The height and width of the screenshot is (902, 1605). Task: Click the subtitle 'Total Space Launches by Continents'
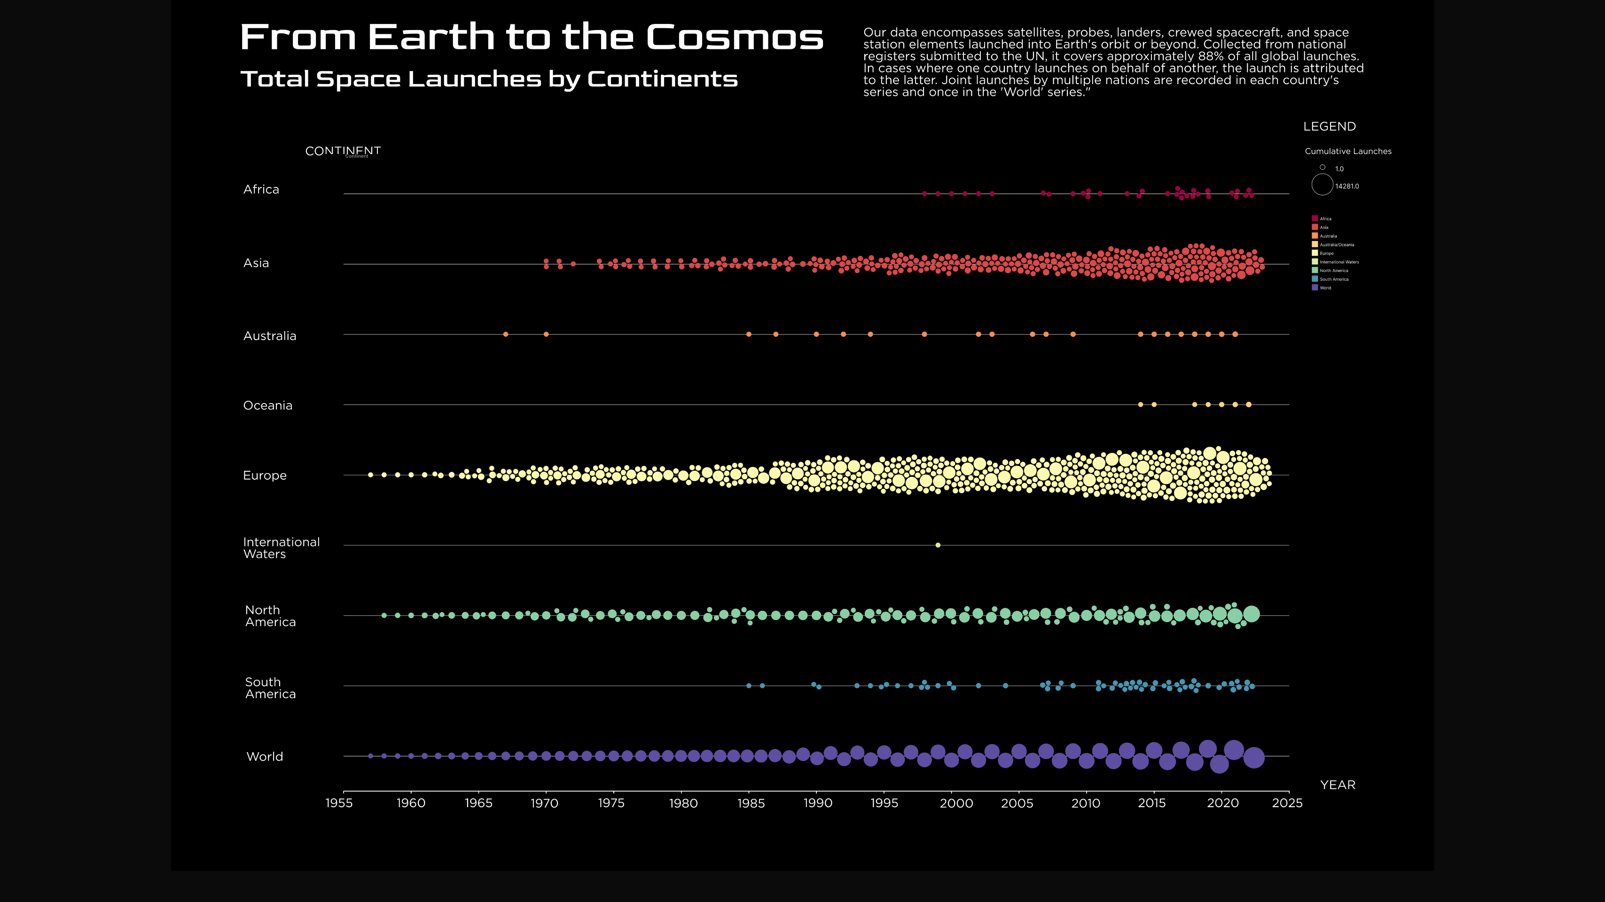[489, 79]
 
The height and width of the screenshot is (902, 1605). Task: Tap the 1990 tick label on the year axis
[817, 803]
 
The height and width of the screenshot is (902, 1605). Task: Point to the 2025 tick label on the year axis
[1287, 803]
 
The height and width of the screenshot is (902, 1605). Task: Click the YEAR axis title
[1338, 785]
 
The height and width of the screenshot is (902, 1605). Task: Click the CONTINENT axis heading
[343, 151]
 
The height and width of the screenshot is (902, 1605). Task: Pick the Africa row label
[261, 190]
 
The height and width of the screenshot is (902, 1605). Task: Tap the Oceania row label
[267, 405]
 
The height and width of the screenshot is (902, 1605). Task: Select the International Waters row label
[281, 548]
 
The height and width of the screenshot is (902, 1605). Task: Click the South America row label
[270, 688]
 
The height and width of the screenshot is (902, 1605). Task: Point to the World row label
[265, 757]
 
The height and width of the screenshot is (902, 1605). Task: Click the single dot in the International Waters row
[938, 545]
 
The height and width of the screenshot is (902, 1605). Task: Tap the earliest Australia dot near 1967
[505, 334]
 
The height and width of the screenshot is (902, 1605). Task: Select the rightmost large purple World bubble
[1253, 757]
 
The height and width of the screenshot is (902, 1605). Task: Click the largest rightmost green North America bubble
[1251, 614]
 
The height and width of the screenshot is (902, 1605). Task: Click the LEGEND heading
[1329, 127]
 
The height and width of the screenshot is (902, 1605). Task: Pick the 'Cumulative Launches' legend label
[1347, 151]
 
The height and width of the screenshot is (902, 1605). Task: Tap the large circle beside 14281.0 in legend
[1322, 185]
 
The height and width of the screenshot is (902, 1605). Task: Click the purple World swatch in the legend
[1315, 288]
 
